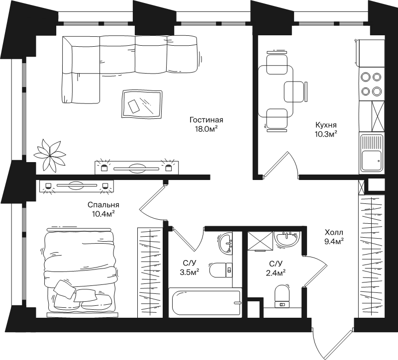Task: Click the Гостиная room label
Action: coord(206,119)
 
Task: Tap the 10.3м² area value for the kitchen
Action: coord(326,134)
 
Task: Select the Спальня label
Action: coord(103,205)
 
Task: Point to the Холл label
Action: coord(334,232)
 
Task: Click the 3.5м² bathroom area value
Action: coord(190,272)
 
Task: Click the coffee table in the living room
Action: coord(142,104)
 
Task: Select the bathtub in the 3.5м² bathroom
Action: coord(204,302)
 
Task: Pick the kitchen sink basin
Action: coord(372,161)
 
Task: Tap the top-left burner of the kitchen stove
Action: coord(366,77)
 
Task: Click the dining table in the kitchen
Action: coord(276,91)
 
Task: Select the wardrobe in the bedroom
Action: coord(150,272)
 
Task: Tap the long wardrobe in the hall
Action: coord(371,256)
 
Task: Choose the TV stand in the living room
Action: coord(136,168)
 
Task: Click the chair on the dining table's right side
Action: coord(296,91)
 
